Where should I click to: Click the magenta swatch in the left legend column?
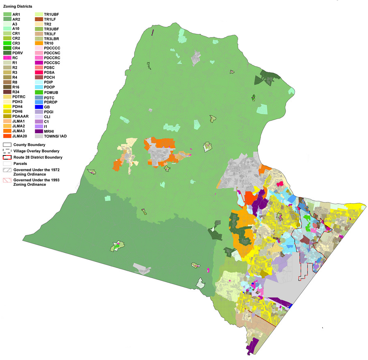click(x=7, y=58)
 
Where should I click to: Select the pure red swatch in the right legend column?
click(x=39, y=67)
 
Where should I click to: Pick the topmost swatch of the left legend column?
click(x=7, y=13)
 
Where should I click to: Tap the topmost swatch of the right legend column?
click(x=39, y=14)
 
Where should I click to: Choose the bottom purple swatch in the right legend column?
click(x=39, y=131)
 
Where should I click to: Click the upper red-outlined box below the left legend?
click(x=7, y=157)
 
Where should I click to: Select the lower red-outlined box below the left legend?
click(x=7, y=180)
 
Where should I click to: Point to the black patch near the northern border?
click(x=197, y=58)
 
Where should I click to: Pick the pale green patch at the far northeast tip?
click(x=291, y=91)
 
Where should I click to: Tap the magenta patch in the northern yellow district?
click(x=280, y=184)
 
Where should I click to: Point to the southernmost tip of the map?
click(x=250, y=353)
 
